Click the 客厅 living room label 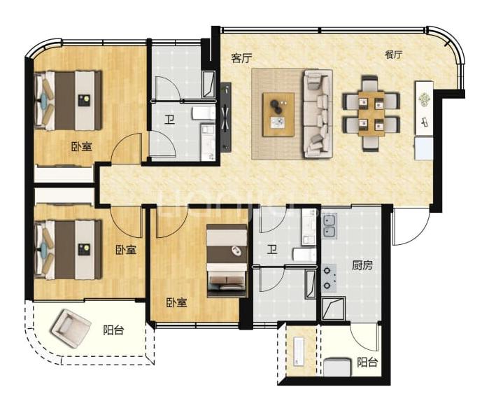pos(241,58)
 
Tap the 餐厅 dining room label pos(394,55)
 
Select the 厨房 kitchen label pos(362,265)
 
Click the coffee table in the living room pos(278,114)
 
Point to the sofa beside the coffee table pos(318,114)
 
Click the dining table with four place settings pos(371,113)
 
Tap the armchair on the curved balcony pos(71,328)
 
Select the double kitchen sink pos(329,226)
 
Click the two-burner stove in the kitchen pos(329,278)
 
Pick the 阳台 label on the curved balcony pos(113,330)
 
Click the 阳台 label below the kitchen pos(367,363)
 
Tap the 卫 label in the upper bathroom pos(169,120)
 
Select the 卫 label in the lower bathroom pos(271,249)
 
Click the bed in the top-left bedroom pos(68,101)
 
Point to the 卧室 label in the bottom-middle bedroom pos(176,303)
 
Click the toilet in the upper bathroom pos(203,113)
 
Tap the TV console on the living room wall pos(226,117)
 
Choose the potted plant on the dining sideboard pos(425,99)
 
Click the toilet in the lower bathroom pos(304,254)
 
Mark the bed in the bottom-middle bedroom pos(227,261)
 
